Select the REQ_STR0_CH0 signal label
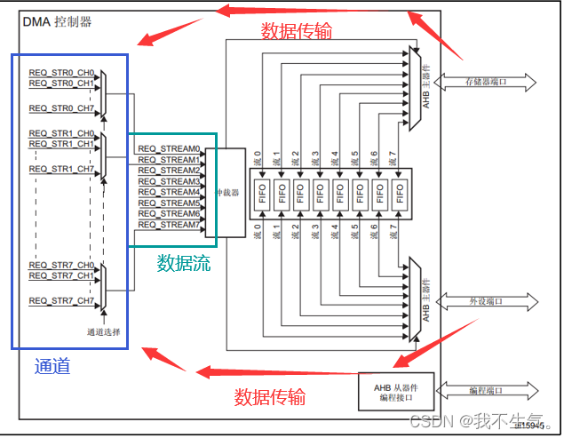click(61, 73)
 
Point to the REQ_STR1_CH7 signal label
click(61, 169)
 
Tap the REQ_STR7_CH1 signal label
click(61, 276)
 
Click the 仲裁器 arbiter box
click(231, 192)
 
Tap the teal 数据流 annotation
click(185, 263)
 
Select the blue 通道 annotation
click(52, 366)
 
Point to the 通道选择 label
click(103, 332)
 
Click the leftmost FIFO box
click(264, 192)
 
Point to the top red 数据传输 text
click(297, 31)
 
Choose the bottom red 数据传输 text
click(270, 396)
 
